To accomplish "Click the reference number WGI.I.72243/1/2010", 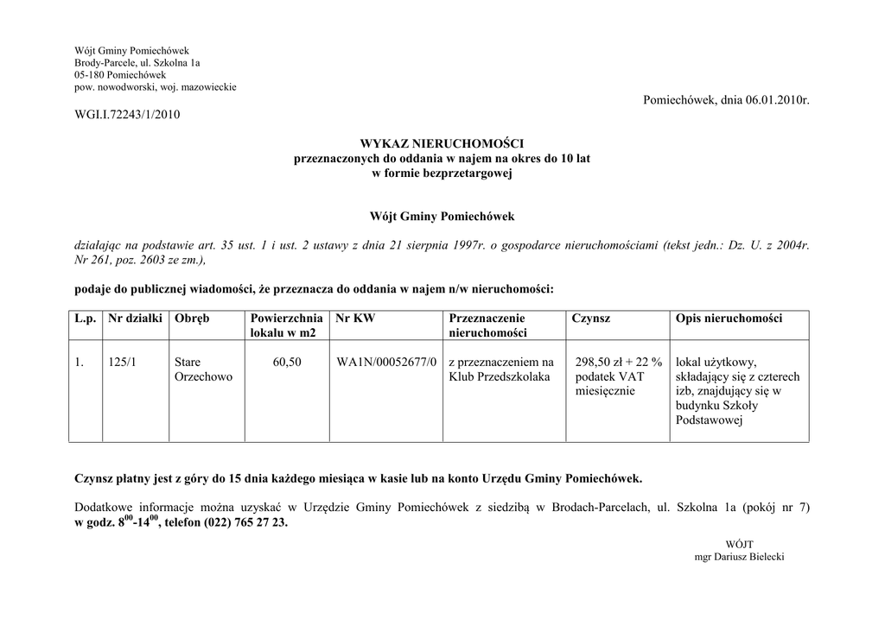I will (x=128, y=115).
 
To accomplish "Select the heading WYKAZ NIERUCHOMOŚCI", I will (x=442, y=143).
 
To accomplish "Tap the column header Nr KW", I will (x=355, y=319).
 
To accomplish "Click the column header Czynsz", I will (x=590, y=319).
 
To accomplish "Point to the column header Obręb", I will (x=192, y=319).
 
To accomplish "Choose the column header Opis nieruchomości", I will (x=729, y=319).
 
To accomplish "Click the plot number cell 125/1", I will (x=122, y=362).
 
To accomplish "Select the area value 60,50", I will (x=287, y=362).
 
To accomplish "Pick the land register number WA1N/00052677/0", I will (x=386, y=362).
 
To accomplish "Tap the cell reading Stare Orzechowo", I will (x=203, y=369).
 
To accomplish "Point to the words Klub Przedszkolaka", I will (x=500, y=377).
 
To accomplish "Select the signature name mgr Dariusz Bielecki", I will (x=739, y=558).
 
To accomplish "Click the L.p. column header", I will (x=85, y=319).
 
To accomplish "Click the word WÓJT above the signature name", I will (x=739, y=545).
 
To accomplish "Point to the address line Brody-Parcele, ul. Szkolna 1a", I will (x=137, y=63).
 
